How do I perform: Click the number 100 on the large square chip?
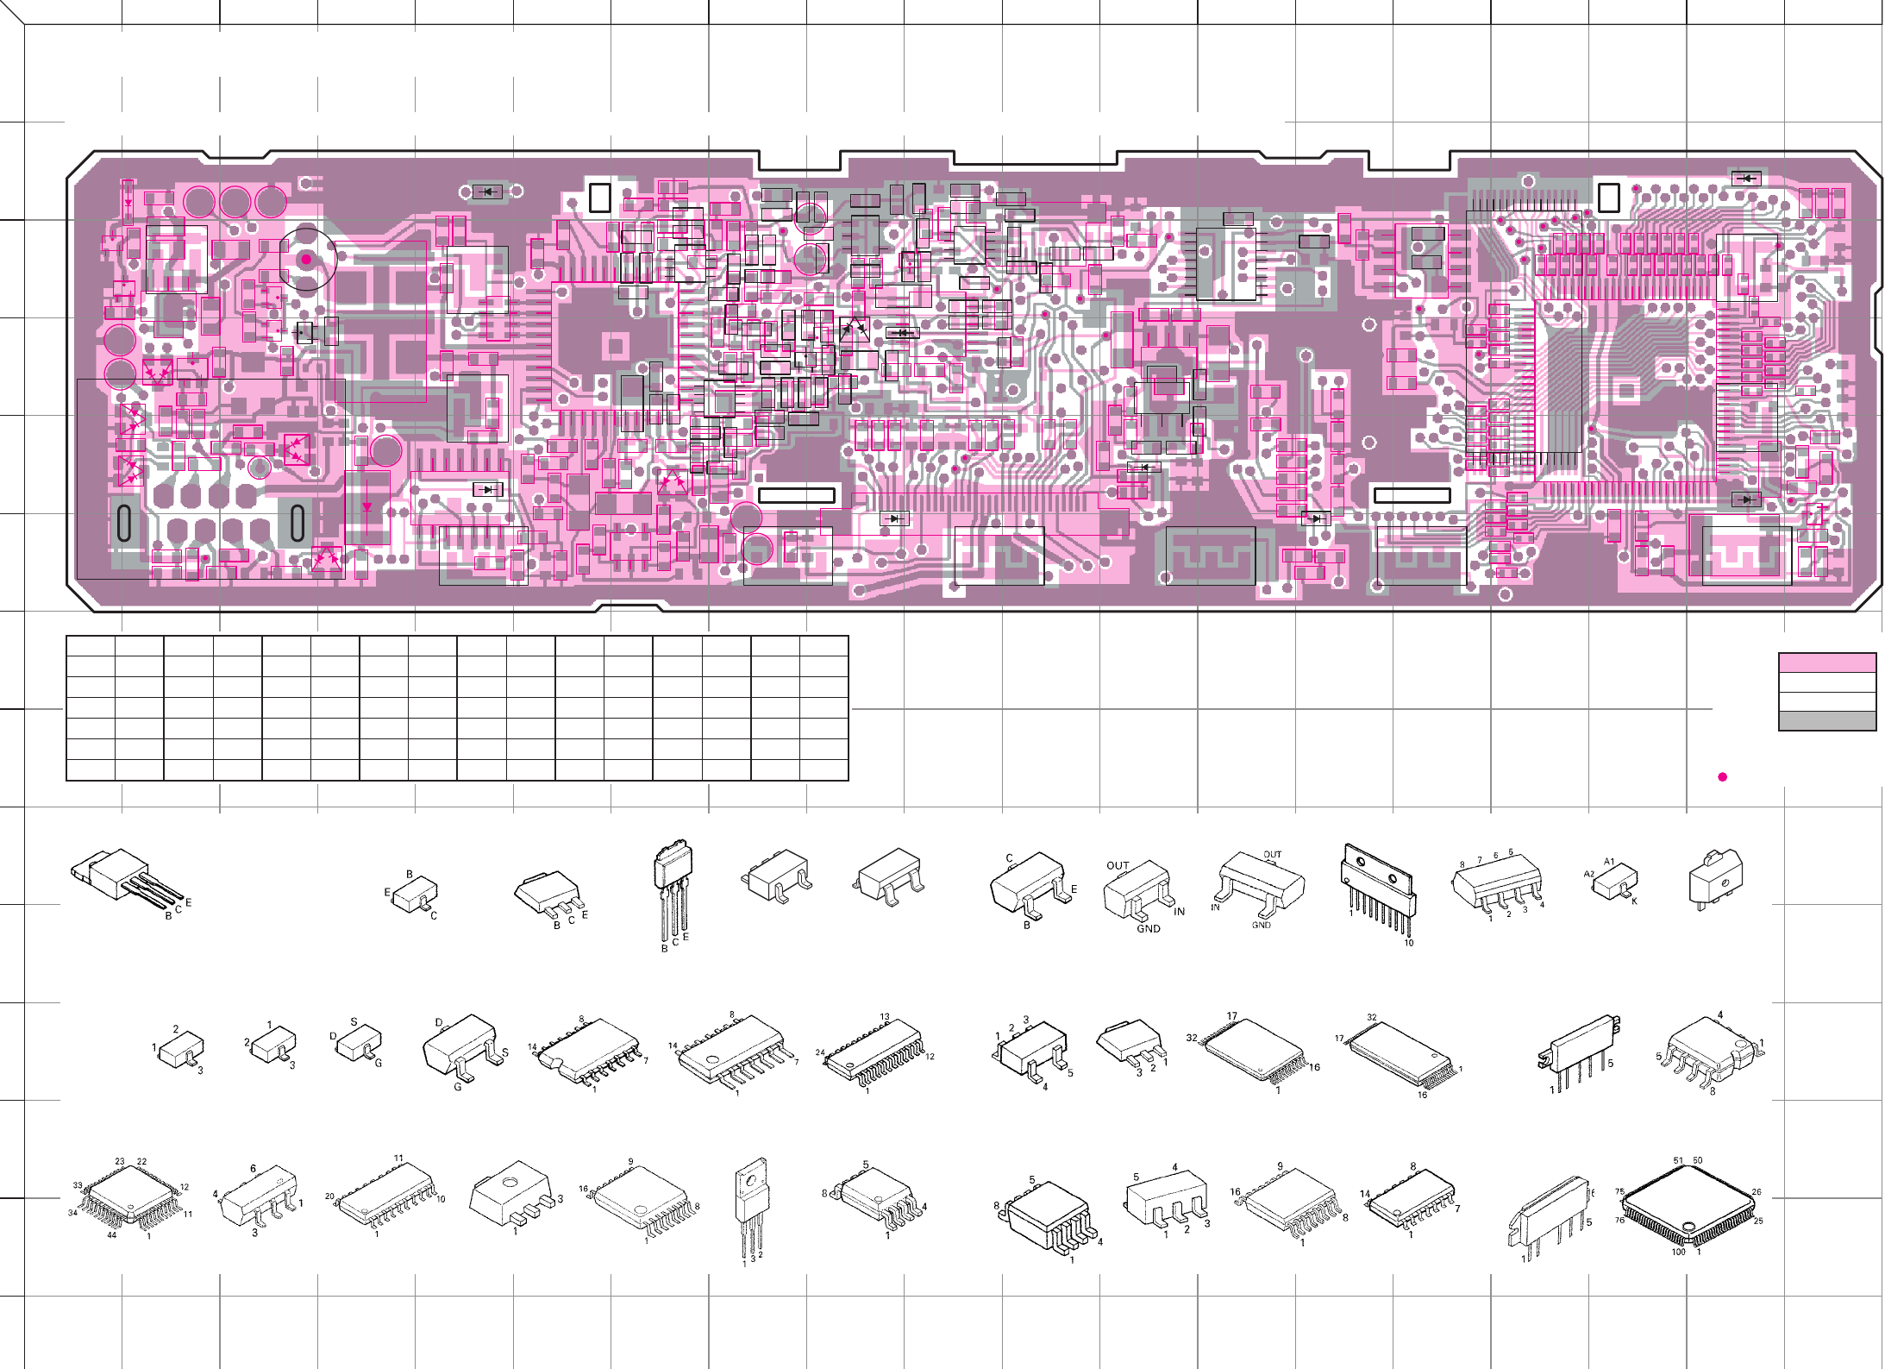point(1678,1252)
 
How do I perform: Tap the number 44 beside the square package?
point(111,1234)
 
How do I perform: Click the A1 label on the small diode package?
point(1608,862)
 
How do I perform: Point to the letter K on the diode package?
point(1634,901)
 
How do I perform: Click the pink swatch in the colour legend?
point(1826,663)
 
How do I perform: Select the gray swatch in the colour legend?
point(1826,721)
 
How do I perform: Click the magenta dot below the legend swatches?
point(1722,777)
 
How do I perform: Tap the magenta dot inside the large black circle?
point(306,259)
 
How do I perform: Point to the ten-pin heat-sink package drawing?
point(1378,889)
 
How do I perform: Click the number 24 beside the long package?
point(820,1052)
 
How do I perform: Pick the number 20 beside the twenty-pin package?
point(329,1196)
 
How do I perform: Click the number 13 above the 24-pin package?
point(885,1017)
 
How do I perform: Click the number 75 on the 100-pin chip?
point(1619,1191)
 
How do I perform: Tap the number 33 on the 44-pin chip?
point(77,1185)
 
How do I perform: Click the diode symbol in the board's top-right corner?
point(1747,179)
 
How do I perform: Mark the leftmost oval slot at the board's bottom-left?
point(124,523)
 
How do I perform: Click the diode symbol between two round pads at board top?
point(488,192)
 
